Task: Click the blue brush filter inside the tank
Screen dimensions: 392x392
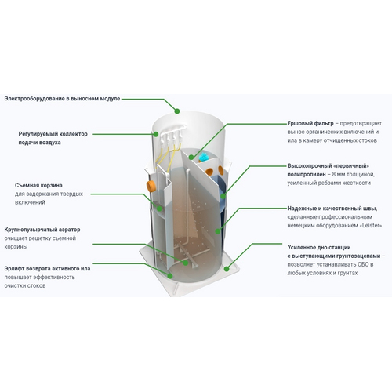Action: click(203, 157)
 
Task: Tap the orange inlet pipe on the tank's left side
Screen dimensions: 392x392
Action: click(151, 186)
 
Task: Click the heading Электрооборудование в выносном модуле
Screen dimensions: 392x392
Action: click(62, 99)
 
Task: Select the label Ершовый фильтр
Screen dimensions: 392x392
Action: click(310, 123)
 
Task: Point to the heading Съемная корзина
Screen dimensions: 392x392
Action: click(38, 185)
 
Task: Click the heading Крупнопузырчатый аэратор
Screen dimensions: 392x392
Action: click(42, 230)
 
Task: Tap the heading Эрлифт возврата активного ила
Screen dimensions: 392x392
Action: click(47, 269)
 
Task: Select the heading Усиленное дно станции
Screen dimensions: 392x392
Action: click(319, 247)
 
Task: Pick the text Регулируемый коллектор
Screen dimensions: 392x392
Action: click(53, 134)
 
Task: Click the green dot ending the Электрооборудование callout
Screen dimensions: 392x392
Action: click(177, 111)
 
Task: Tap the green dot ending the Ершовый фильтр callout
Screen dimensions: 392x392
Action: click(191, 157)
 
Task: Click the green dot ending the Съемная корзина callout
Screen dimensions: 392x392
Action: click(159, 209)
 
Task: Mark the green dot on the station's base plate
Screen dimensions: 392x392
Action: click(227, 268)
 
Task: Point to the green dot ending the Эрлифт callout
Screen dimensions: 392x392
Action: click(170, 275)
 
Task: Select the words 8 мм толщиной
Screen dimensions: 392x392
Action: click(354, 174)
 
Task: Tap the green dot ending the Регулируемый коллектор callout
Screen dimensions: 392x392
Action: click(156, 134)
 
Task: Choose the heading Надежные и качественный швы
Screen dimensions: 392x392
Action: click(332, 209)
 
